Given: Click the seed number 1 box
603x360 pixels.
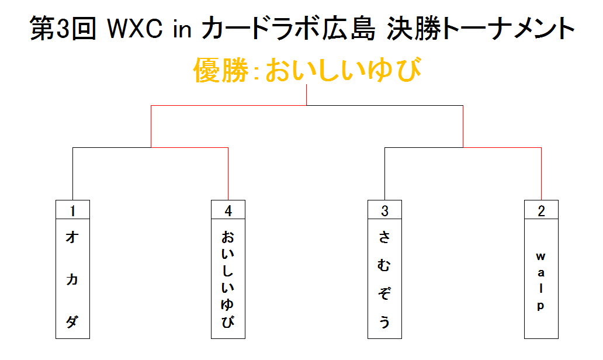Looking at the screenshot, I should click(72, 210).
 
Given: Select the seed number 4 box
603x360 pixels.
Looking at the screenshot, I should click(228, 210).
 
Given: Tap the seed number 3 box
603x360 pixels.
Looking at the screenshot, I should click(384, 210).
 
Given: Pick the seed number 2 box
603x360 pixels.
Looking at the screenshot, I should click(541, 210).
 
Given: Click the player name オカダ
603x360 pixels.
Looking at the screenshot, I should click(72, 279).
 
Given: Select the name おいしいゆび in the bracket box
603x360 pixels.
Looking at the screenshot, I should click(228, 279).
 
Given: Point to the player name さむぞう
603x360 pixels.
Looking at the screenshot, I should click(384, 279).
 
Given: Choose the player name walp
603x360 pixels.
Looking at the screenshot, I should click(541, 281).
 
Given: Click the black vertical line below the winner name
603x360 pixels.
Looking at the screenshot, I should click(307, 95).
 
